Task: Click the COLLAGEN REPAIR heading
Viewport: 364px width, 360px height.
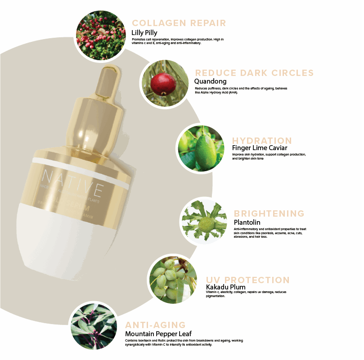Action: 179,23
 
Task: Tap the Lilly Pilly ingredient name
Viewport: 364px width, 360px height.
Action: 144,32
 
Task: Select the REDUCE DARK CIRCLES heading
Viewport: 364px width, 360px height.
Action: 254,73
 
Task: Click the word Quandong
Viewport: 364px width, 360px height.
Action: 210,81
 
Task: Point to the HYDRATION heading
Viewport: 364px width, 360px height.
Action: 262,140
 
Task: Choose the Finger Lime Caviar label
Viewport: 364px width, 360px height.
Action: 260,148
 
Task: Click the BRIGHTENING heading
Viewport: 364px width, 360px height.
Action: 269,213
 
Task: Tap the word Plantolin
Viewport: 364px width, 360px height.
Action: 247,222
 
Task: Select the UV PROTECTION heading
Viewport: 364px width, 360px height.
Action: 247,280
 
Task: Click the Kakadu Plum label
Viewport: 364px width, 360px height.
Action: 225,287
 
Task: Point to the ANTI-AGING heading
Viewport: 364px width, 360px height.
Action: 155,325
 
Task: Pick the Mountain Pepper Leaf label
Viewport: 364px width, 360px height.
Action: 158,333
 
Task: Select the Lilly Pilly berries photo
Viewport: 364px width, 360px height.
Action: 101,35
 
